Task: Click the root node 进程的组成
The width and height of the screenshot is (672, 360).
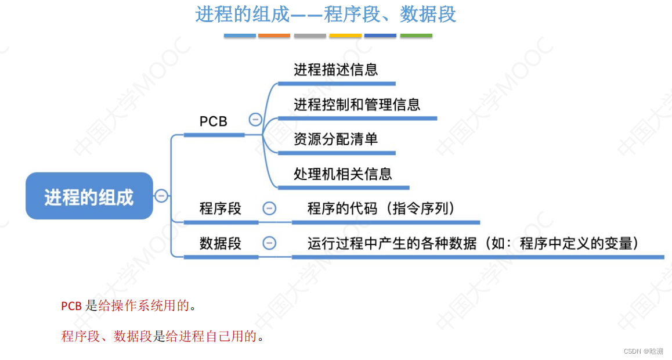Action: click(89, 197)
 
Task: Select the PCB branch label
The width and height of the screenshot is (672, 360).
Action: click(214, 121)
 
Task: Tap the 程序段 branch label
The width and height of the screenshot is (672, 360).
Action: click(221, 208)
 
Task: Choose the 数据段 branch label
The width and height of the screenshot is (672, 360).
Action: click(221, 243)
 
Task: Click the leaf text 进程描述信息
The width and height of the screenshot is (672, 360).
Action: click(336, 70)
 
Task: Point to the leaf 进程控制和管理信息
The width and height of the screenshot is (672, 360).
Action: click(357, 105)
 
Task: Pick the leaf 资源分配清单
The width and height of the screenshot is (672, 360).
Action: click(336, 139)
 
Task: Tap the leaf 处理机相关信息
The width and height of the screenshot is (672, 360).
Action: click(343, 174)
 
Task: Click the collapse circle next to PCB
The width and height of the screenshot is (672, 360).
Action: click(255, 120)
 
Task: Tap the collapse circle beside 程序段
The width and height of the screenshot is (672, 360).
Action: click(269, 208)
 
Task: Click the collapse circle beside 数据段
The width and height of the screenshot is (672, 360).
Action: click(269, 243)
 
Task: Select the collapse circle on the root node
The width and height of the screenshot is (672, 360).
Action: click(161, 196)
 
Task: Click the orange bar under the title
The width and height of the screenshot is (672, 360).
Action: click(274, 36)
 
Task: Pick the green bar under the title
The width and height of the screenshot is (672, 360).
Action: click(416, 36)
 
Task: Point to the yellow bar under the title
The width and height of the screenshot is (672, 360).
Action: click(345, 36)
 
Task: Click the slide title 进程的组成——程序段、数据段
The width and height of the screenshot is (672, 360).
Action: click(326, 15)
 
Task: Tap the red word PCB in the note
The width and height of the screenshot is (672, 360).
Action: click(71, 306)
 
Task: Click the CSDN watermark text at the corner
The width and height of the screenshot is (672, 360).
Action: click(643, 351)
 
